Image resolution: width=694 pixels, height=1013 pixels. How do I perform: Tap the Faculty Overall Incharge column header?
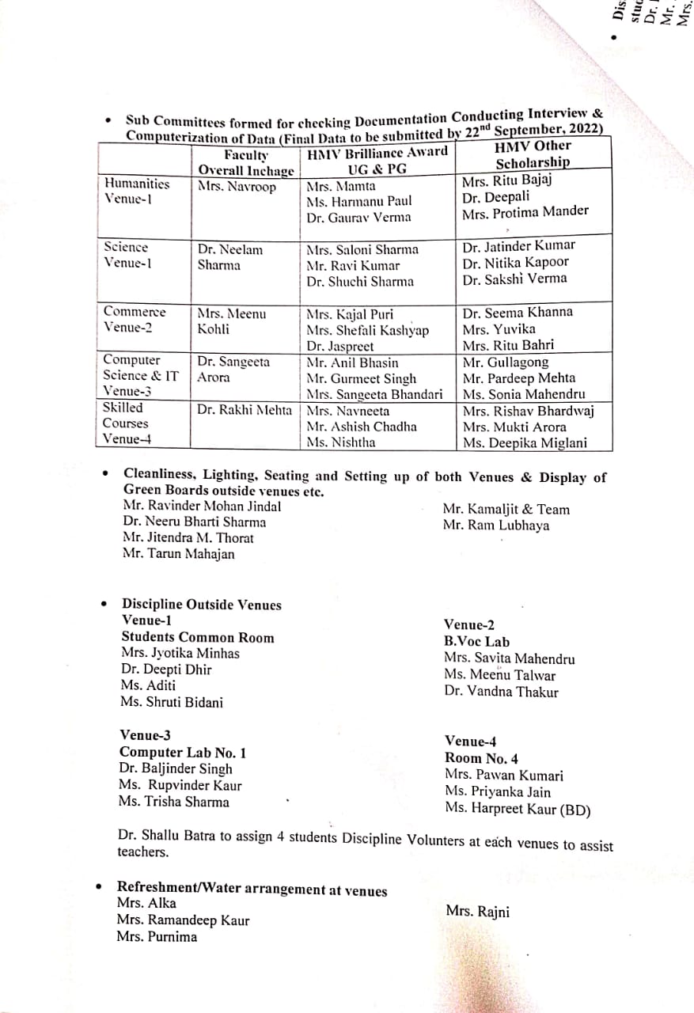[245, 163]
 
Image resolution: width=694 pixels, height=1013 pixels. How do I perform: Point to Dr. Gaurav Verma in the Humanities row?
[358, 218]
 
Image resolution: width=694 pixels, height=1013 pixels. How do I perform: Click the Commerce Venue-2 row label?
[135, 320]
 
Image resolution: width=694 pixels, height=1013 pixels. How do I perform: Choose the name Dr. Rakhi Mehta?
[245, 410]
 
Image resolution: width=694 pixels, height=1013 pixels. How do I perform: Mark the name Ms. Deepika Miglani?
[525, 442]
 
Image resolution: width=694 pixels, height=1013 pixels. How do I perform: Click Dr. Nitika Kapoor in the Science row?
[515, 262]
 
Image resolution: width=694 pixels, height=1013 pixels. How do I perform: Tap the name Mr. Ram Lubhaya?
[496, 525]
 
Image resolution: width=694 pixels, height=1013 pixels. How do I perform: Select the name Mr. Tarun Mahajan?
[178, 554]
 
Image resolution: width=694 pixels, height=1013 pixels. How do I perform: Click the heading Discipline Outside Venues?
[201, 605]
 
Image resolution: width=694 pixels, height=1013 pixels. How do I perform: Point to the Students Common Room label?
[197, 637]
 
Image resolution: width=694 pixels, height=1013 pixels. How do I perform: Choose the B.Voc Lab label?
[476, 642]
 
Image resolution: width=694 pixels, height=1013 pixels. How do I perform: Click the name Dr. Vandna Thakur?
[501, 692]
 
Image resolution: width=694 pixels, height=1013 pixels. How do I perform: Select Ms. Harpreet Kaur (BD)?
[517, 809]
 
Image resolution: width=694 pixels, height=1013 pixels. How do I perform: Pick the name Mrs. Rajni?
[477, 912]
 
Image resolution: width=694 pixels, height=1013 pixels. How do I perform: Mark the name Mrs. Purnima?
[157, 937]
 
